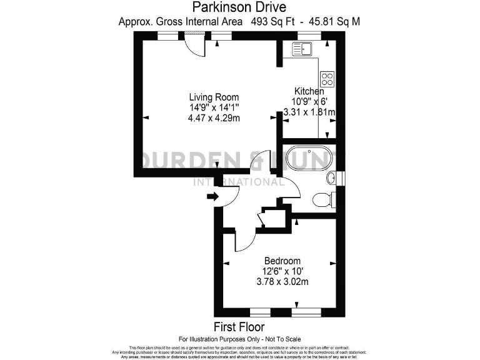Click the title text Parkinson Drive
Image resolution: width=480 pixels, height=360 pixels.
[239, 7]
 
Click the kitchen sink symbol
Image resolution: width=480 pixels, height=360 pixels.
[302, 48]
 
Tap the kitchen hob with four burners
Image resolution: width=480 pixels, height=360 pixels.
[327, 79]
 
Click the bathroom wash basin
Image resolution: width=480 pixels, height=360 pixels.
[332, 177]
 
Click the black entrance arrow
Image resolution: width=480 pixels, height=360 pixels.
[212, 197]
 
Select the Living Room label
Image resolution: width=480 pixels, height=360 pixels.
[214, 97]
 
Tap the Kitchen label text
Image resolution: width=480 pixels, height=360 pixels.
[309, 91]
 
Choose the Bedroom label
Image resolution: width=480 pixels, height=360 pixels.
[282, 261]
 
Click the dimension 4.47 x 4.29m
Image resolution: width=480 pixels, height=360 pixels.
[214, 117]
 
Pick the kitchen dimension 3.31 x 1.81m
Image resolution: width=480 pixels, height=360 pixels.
[309, 112]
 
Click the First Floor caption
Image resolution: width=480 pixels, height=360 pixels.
[239, 327]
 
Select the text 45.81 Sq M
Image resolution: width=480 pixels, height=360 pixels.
[331, 21]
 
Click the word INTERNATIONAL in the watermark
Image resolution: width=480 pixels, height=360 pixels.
[239, 182]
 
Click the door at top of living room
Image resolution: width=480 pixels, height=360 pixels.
[195, 45]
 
